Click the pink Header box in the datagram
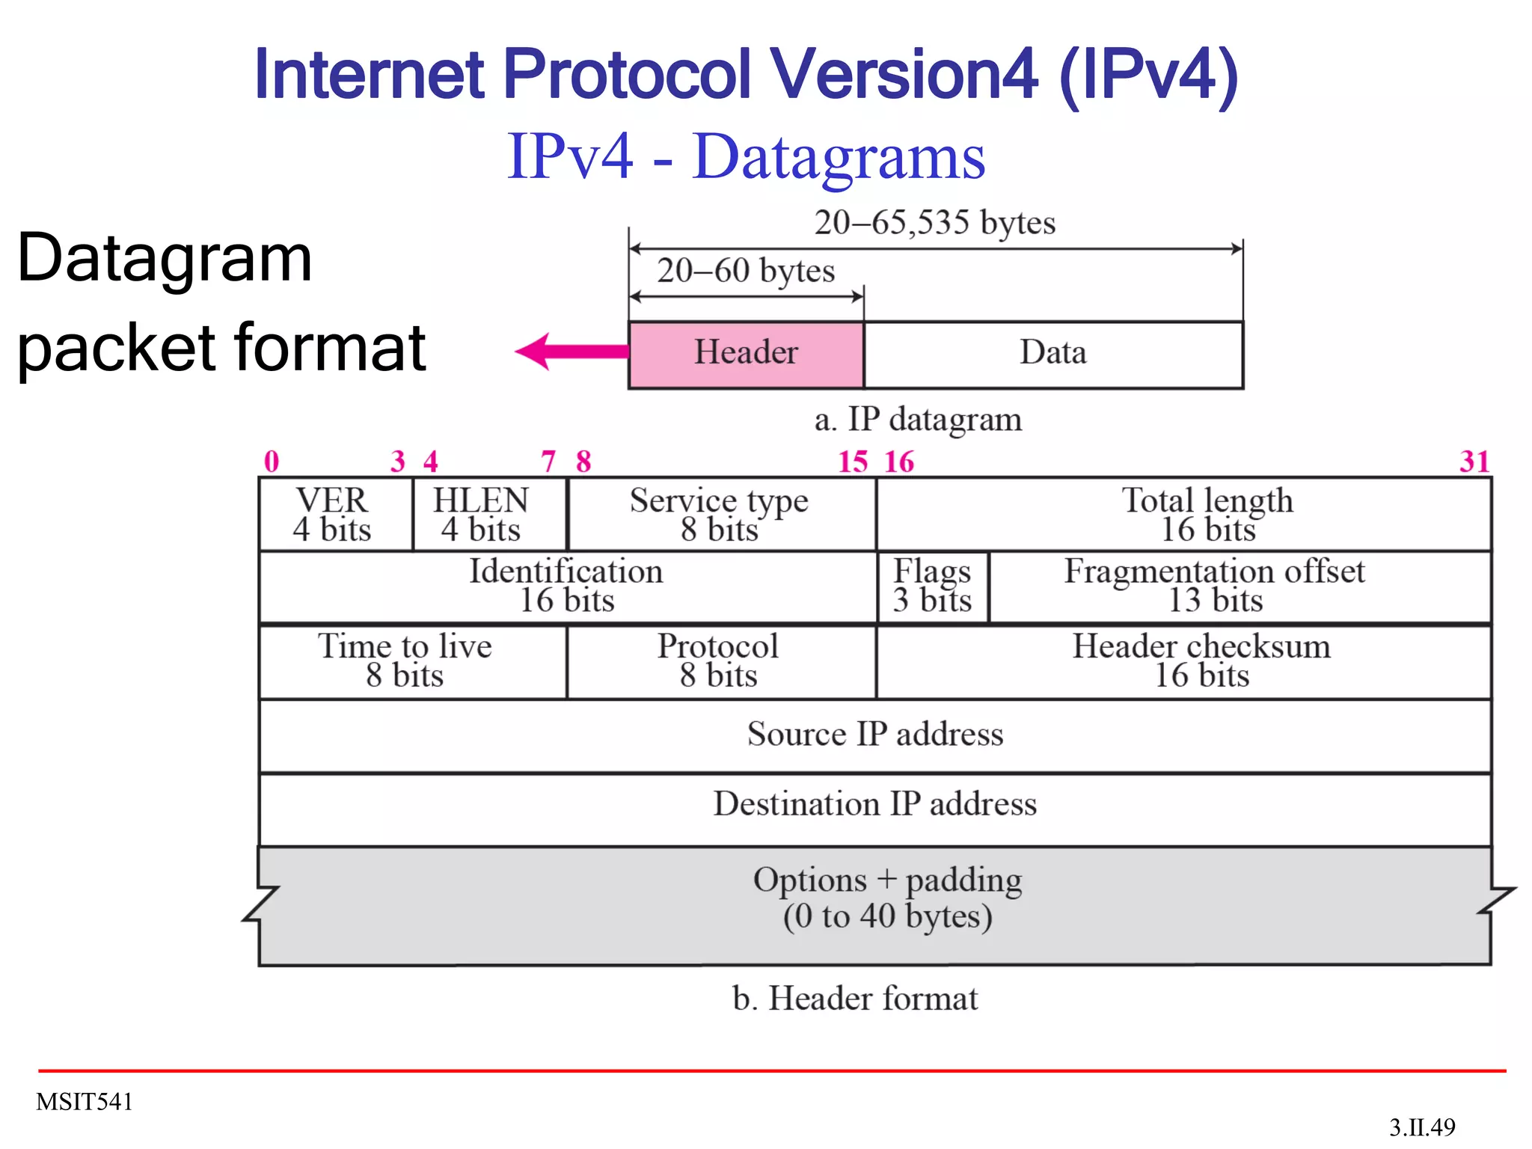[746, 354]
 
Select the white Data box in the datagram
[1053, 354]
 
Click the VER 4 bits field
[334, 514]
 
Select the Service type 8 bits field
[720, 514]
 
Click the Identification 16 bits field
[567, 586]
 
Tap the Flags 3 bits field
[932, 586]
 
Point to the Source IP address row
[874, 735]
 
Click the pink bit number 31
[1474, 462]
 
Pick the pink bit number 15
[853, 462]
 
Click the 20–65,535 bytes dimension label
[934, 223]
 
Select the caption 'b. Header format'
[855, 999]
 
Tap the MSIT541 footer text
[85, 1102]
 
